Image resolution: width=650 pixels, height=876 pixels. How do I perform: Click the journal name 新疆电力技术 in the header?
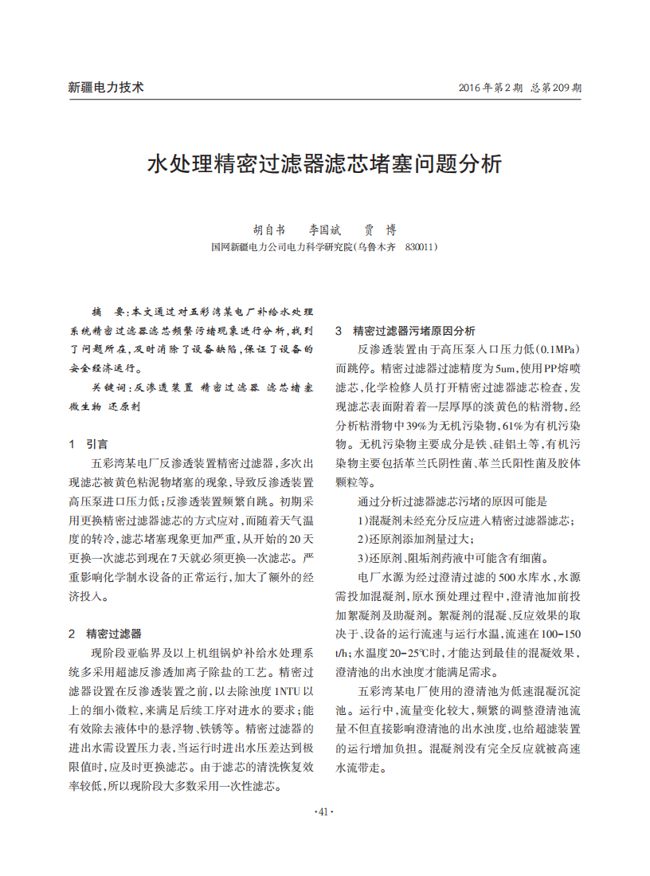point(106,88)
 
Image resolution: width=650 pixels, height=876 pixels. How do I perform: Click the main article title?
point(325,164)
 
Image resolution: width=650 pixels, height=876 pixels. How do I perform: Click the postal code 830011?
point(421,248)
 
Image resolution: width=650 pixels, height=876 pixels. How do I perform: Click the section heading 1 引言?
point(88,444)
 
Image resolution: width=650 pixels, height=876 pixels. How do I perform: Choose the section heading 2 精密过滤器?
point(104,634)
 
